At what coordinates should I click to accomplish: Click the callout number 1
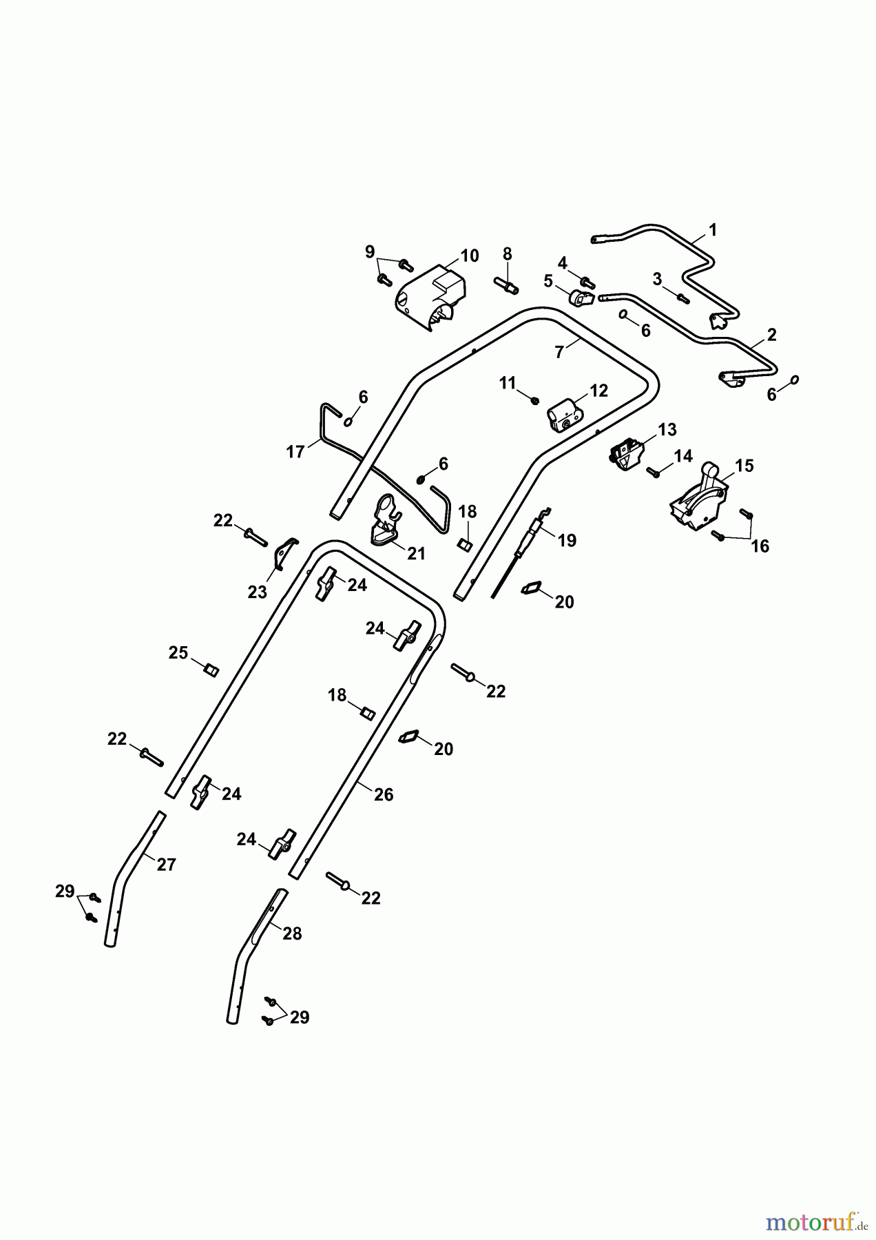713,229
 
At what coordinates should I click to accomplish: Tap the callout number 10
469,256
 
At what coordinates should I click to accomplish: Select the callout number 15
744,466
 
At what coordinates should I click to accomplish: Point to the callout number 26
384,794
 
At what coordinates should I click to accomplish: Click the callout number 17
295,452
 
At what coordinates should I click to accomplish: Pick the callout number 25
178,652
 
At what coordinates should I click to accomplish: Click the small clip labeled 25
211,669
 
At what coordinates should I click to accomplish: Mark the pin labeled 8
508,284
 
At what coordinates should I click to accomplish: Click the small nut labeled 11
535,400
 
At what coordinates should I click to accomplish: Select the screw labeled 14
654,472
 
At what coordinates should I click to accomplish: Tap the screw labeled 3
682,298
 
